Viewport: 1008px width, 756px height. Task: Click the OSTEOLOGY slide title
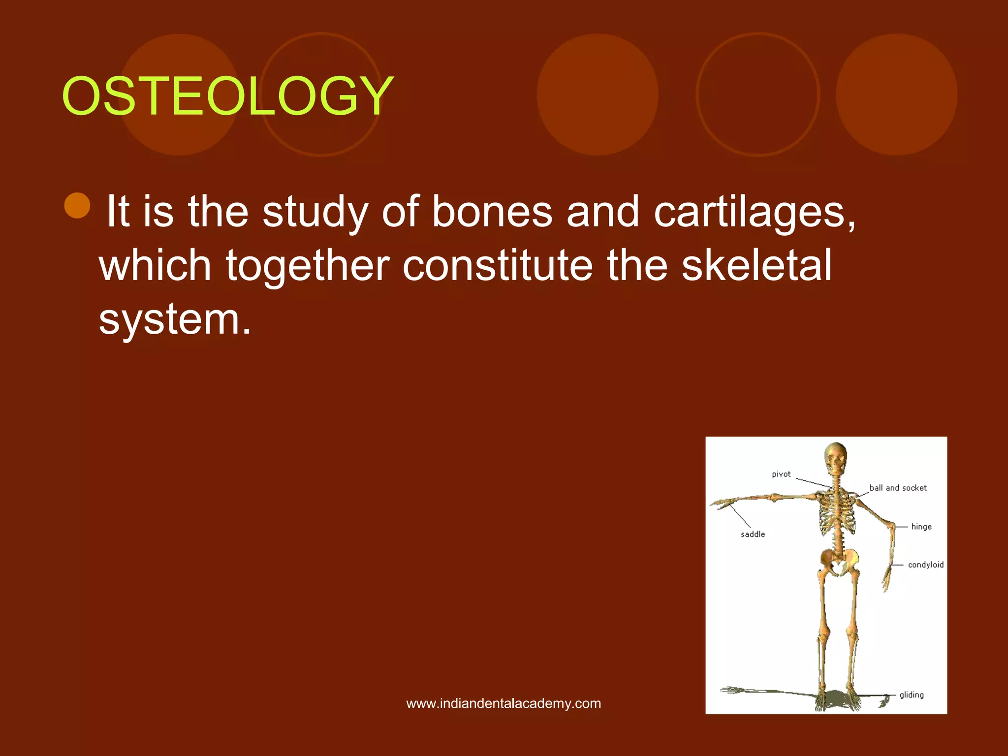(227, 96)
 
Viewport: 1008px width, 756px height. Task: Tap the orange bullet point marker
(77, 206)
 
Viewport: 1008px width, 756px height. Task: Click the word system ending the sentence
(175, 320)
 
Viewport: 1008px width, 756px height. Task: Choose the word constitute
(497, 266)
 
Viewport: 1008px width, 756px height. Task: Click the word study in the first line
(315, 213)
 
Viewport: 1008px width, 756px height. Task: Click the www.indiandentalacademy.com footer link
(504, 703)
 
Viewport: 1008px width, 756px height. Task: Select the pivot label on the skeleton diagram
(781, 474)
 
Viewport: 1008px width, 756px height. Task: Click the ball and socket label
(898, 488)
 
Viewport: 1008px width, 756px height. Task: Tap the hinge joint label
(921, 527)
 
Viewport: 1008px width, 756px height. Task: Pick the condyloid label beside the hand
(925, 565)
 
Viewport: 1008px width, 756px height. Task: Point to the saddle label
(753, 534)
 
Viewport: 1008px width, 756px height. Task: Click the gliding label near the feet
(911, 695)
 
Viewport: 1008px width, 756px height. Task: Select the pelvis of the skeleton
(839, 561)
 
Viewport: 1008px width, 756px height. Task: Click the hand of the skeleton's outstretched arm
(723, 504)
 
